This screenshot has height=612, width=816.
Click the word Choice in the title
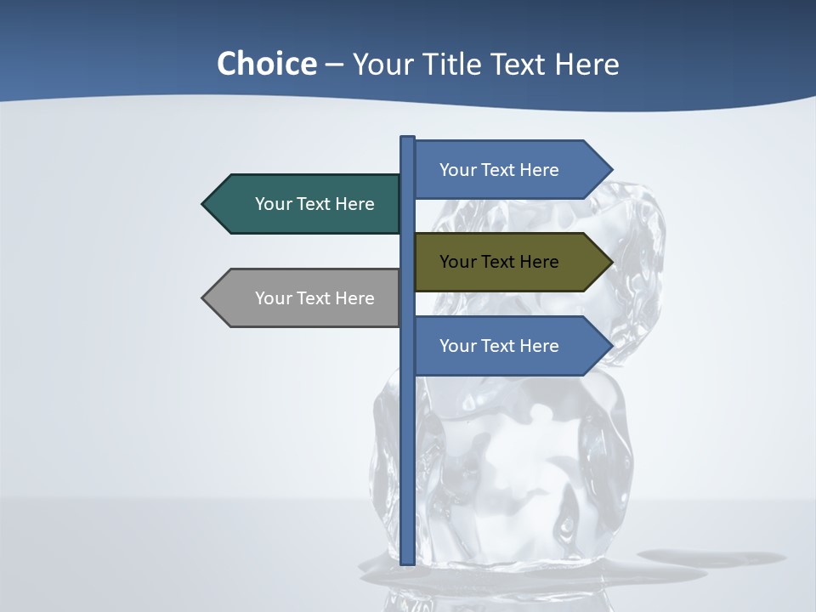click(x=266, y=64)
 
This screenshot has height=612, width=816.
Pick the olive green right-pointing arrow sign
click(x=507, y=262)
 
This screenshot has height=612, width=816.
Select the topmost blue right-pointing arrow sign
click(x=507, y=169)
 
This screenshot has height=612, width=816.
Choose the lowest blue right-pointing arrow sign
click(x=507, y=346)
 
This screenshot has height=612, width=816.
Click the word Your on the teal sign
click(x=273, y=204)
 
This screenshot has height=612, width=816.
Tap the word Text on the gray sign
click(x=314, y=298)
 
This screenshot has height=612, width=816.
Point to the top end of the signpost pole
click(x=408, y=139)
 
